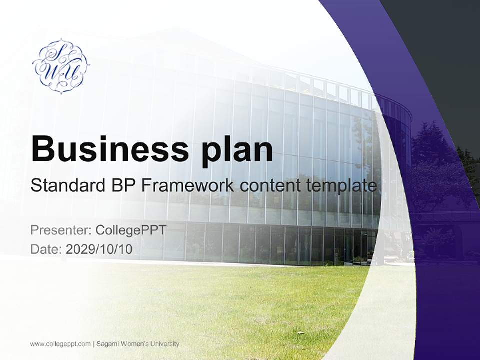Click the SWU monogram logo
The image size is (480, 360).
click(x=61, y=66)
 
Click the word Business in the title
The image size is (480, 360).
click(x=110, y=149)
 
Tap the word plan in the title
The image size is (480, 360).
click(x=237, y=152)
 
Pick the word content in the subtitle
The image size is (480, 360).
click(x=270, y=186)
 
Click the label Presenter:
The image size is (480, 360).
click(x=61, y=230)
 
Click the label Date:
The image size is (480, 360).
click(x=46, y=249)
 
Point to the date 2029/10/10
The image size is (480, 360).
click(x=99, y=249)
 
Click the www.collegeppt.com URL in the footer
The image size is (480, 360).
click(x=60, y=344)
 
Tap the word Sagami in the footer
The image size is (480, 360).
click(x=108, y=344)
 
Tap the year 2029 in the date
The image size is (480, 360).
click(x=79, y=249)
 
